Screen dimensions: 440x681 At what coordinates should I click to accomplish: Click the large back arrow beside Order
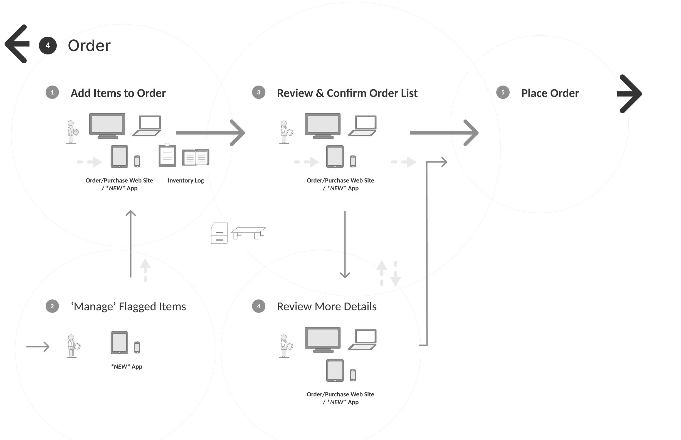click(17, 44)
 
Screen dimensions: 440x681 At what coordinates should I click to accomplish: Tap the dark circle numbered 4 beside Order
click(48, 46)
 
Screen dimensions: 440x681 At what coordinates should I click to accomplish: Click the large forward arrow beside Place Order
click(630, 94)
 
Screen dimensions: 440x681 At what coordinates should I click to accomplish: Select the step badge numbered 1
click(52, 92)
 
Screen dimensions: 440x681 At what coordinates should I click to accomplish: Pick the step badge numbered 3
click(258, 92)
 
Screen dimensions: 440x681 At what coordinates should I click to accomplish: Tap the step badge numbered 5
click(503, 92)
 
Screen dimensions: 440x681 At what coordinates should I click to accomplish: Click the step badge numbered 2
click(52, 306)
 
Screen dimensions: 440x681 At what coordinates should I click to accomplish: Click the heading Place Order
click(550, 93)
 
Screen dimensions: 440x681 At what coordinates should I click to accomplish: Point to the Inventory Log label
click(186, 180)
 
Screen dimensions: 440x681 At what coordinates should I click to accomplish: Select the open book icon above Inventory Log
click(196, 157)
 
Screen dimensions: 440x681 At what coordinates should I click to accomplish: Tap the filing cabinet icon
click(219, 233)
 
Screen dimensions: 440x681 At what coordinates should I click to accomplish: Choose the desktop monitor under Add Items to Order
click(107, 126)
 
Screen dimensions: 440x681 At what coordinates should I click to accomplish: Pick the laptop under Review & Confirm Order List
click(362, 126)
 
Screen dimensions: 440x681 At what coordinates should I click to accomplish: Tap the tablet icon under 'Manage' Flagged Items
click(119, 342)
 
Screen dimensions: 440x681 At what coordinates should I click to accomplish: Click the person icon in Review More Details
click(285, 346)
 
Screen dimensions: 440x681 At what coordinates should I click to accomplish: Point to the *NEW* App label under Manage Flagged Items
click(127, 366)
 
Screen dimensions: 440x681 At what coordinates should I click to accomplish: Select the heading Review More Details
click(327, 306)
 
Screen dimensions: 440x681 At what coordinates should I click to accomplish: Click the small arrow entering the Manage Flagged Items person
click(38, 347)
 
